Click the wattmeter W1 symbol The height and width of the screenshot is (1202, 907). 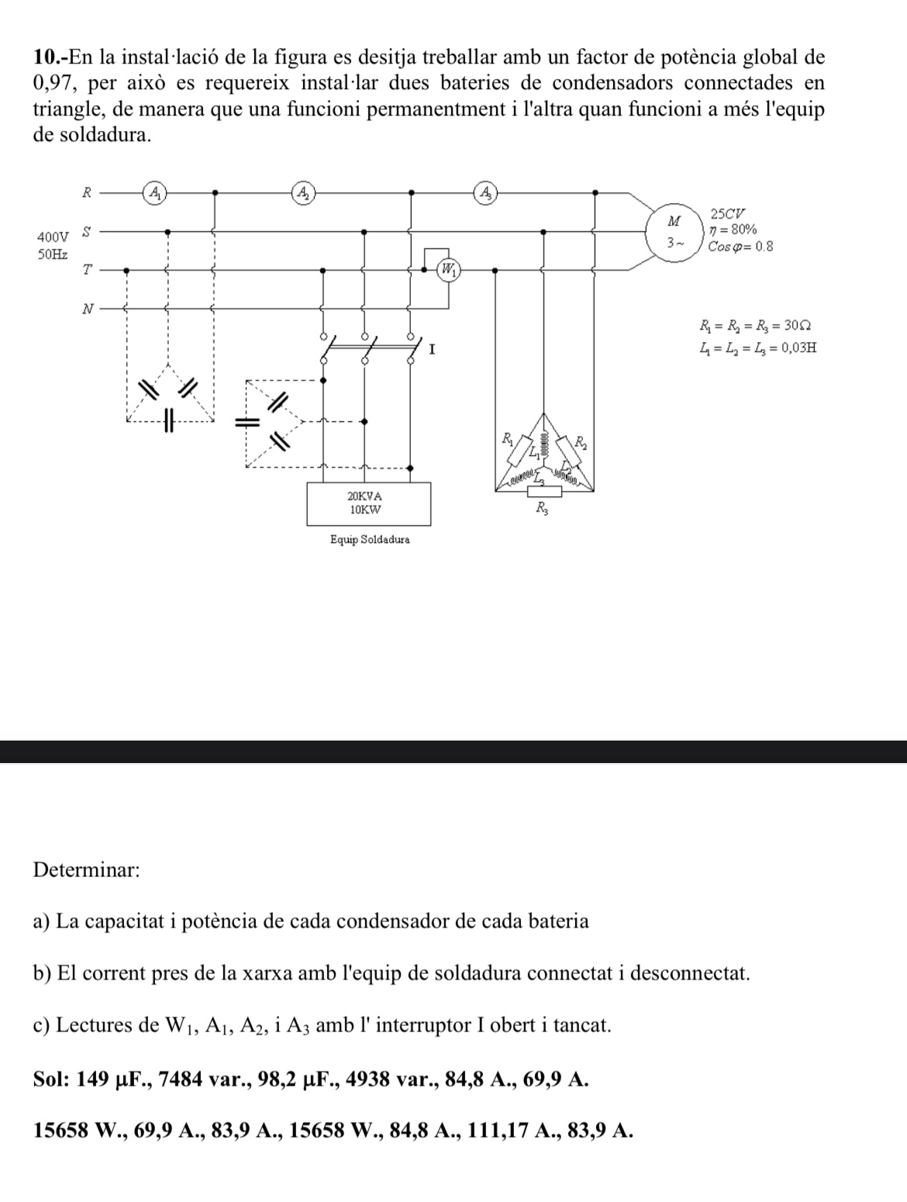tap(449, 270)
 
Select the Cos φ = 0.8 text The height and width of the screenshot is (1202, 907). tap(740, 247)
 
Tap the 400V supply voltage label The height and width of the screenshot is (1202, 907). tap(52, 237)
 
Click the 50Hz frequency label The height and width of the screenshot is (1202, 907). tap(52, 254)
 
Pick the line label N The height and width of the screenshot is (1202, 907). tap(88, 309)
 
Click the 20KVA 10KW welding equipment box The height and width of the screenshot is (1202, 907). tap(368, 503)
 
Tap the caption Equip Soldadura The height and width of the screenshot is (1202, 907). tap(369, 539)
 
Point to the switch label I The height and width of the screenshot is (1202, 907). tap(432, 350)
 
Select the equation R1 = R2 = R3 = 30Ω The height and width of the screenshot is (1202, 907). tap(754, 326)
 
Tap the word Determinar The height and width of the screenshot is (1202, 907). tap(87, 869)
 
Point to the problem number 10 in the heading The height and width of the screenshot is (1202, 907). tap(47, 57)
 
